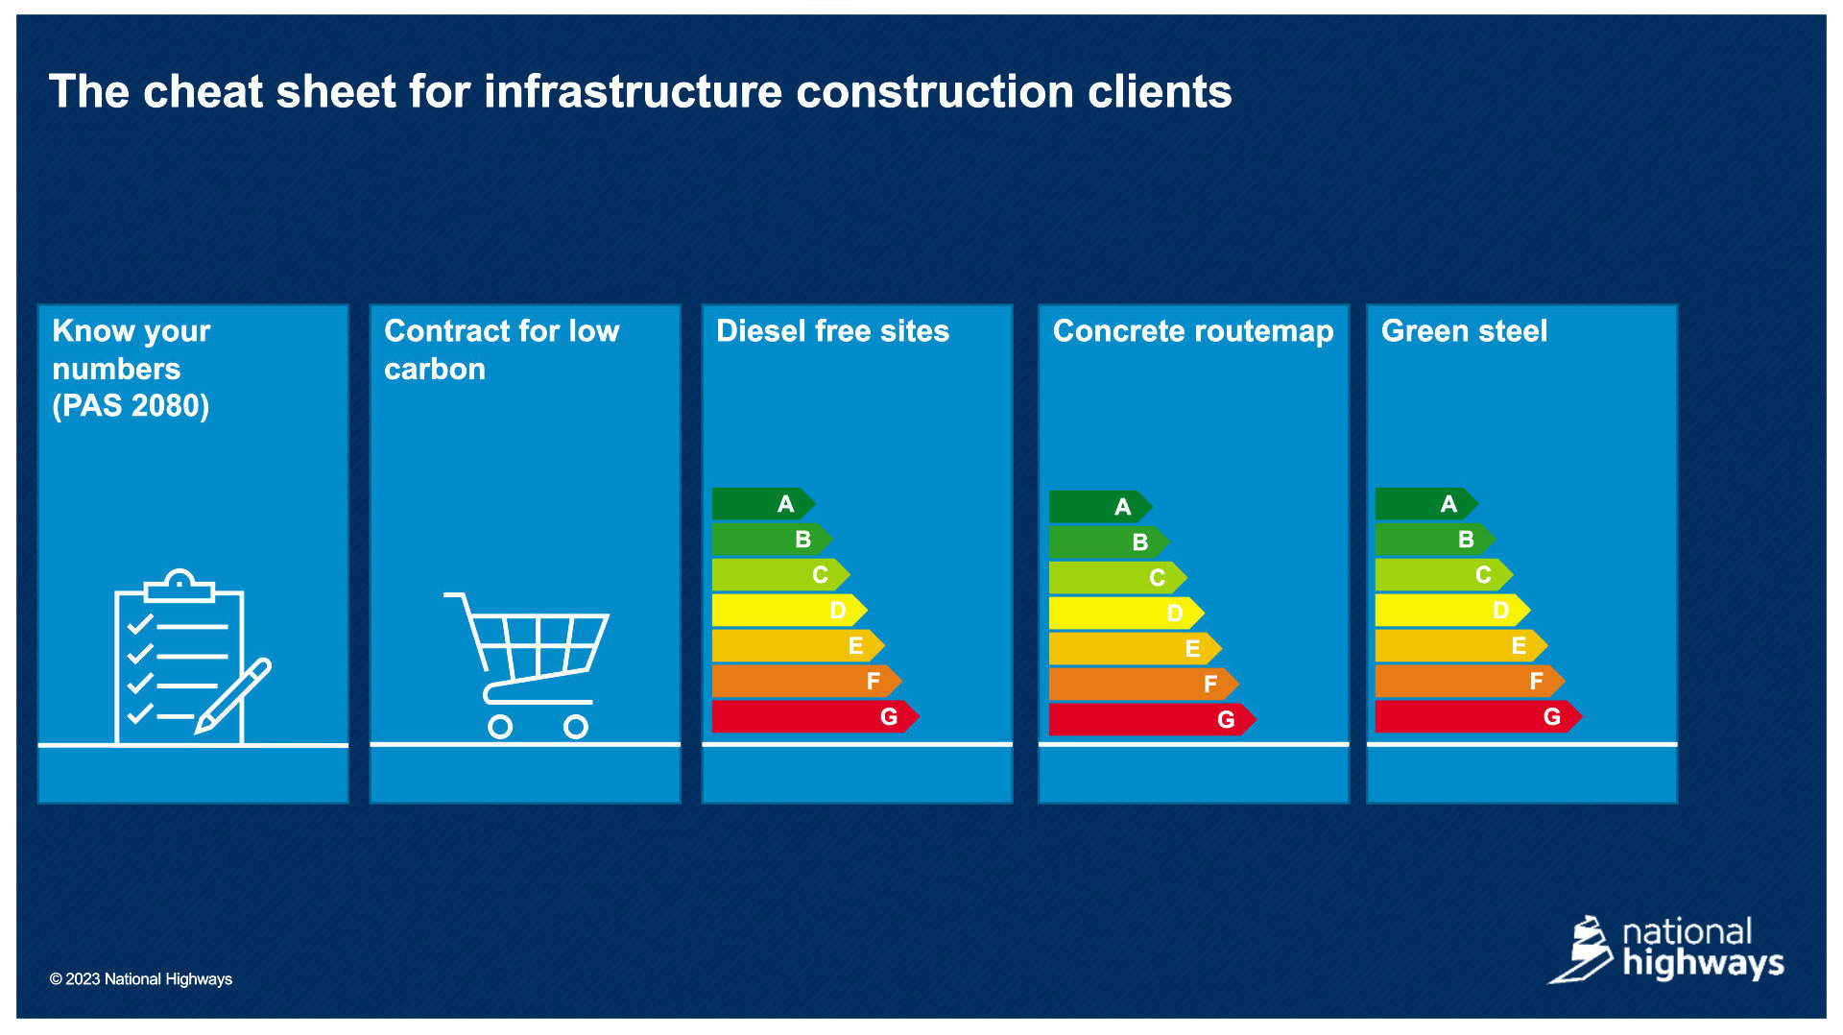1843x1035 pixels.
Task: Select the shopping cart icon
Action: tap(526, 665)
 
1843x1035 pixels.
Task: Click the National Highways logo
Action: tap(1666, 950)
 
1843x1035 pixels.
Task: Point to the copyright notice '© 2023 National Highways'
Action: tap(141, 979)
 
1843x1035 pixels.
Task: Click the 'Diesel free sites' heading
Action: tap(832, 331)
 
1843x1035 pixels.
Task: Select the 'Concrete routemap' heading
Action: tap(1193, 331)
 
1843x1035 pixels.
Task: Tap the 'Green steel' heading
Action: tap(1464, 331)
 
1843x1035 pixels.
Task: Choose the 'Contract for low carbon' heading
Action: tap(502, 349)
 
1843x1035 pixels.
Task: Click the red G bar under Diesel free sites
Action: tap(815, 717)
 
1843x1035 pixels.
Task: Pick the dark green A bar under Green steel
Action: tap(1425, 504)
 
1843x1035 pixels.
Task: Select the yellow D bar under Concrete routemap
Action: tap(1126, 614)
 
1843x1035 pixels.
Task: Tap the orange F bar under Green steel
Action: tap(1470, 682)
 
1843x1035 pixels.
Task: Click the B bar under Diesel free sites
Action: tap(772, 540)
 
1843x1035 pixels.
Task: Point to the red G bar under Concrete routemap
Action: tap(1152, 720)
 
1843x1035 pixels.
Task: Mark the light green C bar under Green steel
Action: tap(1444, 575)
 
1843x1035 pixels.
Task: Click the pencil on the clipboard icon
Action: tap(233, 697)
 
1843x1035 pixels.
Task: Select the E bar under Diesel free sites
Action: tap(798, 646)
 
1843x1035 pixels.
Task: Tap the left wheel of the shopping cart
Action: tap(500, 727)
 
